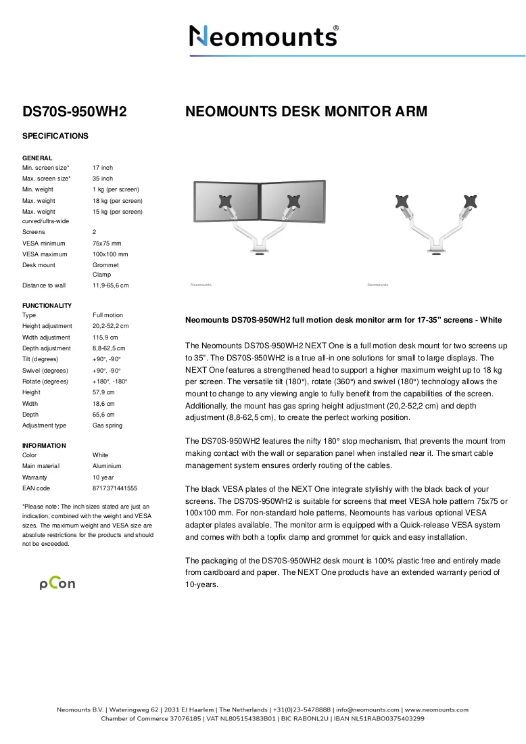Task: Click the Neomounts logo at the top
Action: (x=264, y=36)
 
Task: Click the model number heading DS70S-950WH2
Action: (x=74, y=112)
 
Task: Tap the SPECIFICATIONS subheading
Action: (x=55, y=136)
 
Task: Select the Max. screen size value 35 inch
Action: (x=103, y=179)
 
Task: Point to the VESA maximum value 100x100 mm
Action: (x=110, y=254)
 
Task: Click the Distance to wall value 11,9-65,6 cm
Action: (x=110, y=285)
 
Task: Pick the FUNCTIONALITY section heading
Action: (x=47, y=306)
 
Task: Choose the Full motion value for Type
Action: (x=107, y=315)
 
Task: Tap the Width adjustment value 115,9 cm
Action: (x=105, y=338)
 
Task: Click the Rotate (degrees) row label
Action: (x=45, y=381)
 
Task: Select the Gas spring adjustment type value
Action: (x=107, y=425)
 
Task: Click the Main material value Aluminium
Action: (x=107, y=466)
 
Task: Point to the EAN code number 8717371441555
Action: (x=115, y=488)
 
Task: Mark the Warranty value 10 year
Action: (x=103, y=478)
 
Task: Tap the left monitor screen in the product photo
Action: (x=226, y=202)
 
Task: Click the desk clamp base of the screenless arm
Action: (x=436, y=248)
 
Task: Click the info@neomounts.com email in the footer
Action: (x=368, y=710)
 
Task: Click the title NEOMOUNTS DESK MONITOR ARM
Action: (x=306, y=112)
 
